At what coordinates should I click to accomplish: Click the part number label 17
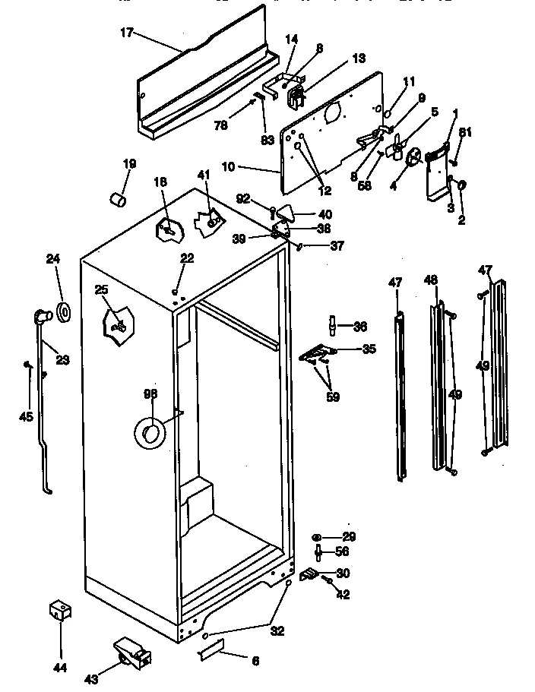click(x=126, y=33)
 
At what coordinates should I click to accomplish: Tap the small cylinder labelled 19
click(x=117, y=199)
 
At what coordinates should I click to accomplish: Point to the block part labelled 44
click(x=59, y=610)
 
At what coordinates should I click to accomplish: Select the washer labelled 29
click(x=317, y=536)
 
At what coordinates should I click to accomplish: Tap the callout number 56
click(x=343, y=552)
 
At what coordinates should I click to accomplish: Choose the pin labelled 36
click(x=333, y=326)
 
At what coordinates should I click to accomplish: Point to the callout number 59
click(x=333, y=396)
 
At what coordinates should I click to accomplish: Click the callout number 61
click(x=465, y=132)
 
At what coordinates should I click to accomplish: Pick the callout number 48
click(x=430, y=280)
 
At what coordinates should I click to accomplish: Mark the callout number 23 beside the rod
click(x=62, y=360)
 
